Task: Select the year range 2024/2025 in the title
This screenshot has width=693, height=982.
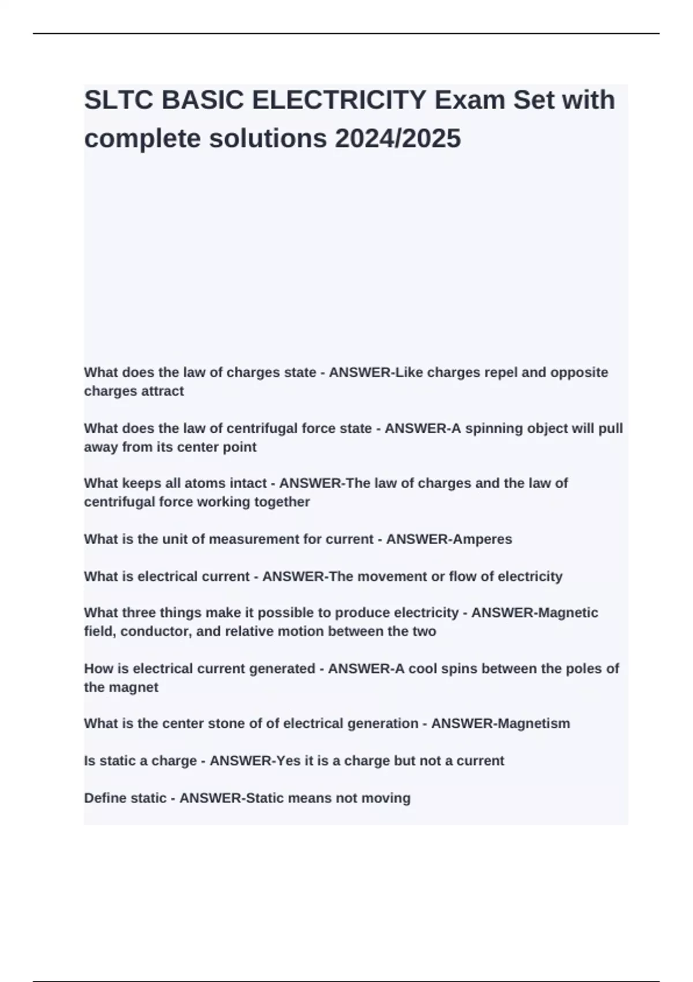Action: click(397, 138)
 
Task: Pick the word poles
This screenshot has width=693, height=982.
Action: click(583, 668)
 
